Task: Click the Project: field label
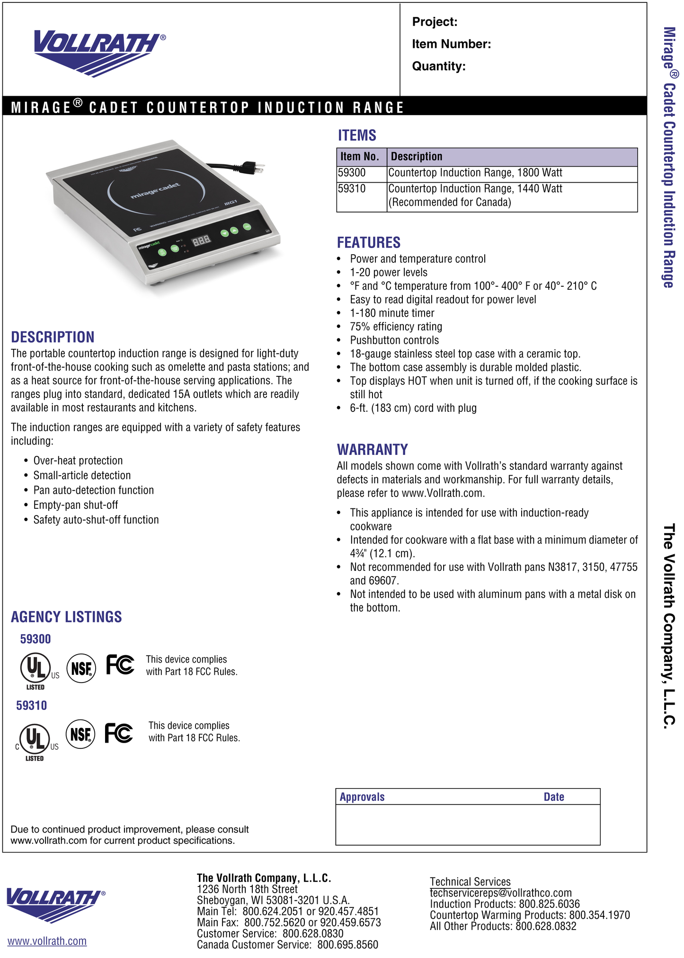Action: [434, 22]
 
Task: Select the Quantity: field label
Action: [438, 66]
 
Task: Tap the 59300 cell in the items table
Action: [352, 173]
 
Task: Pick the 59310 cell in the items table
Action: [352, 189]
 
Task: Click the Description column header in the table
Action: [417, 157]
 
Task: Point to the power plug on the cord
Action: [252, 167]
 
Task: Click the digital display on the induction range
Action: [201, 241]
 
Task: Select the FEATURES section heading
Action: [368, 243]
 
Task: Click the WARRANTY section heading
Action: [372, 449]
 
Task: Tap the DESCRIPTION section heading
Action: [53, 337]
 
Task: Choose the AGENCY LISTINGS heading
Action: [66, 617]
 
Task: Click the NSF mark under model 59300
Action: [81, 668]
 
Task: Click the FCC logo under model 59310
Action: [119, 733]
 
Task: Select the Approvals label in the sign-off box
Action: [362, 797]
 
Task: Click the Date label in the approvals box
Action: [554, 797]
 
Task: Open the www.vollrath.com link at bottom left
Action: [47, 941]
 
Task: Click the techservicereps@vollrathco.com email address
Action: [500, 893]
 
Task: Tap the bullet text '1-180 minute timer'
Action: [392, 313]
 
